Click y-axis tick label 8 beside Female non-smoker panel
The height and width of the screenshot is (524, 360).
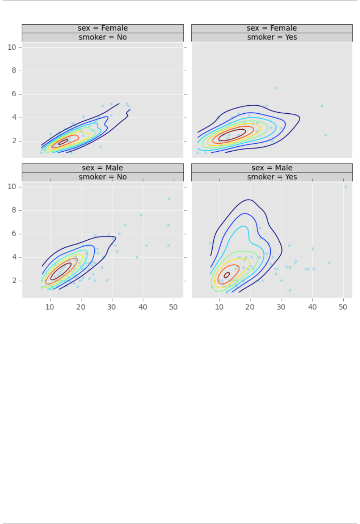(x=14, y=71)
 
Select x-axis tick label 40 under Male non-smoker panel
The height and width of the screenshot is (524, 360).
(x=143, y=307)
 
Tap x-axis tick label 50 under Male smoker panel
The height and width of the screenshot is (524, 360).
(x=343, y=307)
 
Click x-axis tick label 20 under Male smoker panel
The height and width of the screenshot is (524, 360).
(x=250, y=307)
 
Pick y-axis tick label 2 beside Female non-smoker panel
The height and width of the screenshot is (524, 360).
(x=14, y=141)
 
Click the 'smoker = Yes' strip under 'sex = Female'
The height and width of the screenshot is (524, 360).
(x=272, y=38)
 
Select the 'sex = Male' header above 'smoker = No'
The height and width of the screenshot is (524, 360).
(x=103, y=168)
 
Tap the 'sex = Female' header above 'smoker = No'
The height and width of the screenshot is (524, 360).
(x=103, y=28)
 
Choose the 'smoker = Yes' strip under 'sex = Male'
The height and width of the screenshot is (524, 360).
(x=272, y=177)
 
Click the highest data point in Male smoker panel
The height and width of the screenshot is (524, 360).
(x=346, y=187)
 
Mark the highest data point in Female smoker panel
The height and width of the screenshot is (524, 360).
(x=275, y=88)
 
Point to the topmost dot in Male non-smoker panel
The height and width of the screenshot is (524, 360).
(x=169, y=199)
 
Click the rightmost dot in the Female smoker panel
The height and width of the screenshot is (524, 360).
(x=326, y=135)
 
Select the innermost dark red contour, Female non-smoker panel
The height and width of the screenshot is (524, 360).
(x=63, y=142)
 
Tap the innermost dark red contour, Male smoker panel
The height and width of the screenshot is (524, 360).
(x=227, y=275)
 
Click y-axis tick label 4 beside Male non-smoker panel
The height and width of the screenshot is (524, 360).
(x=14, y=257)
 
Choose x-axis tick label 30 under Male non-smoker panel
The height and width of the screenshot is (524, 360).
(x=112, y=307)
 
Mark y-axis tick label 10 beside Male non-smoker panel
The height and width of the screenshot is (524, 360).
(x=12, y=187)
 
